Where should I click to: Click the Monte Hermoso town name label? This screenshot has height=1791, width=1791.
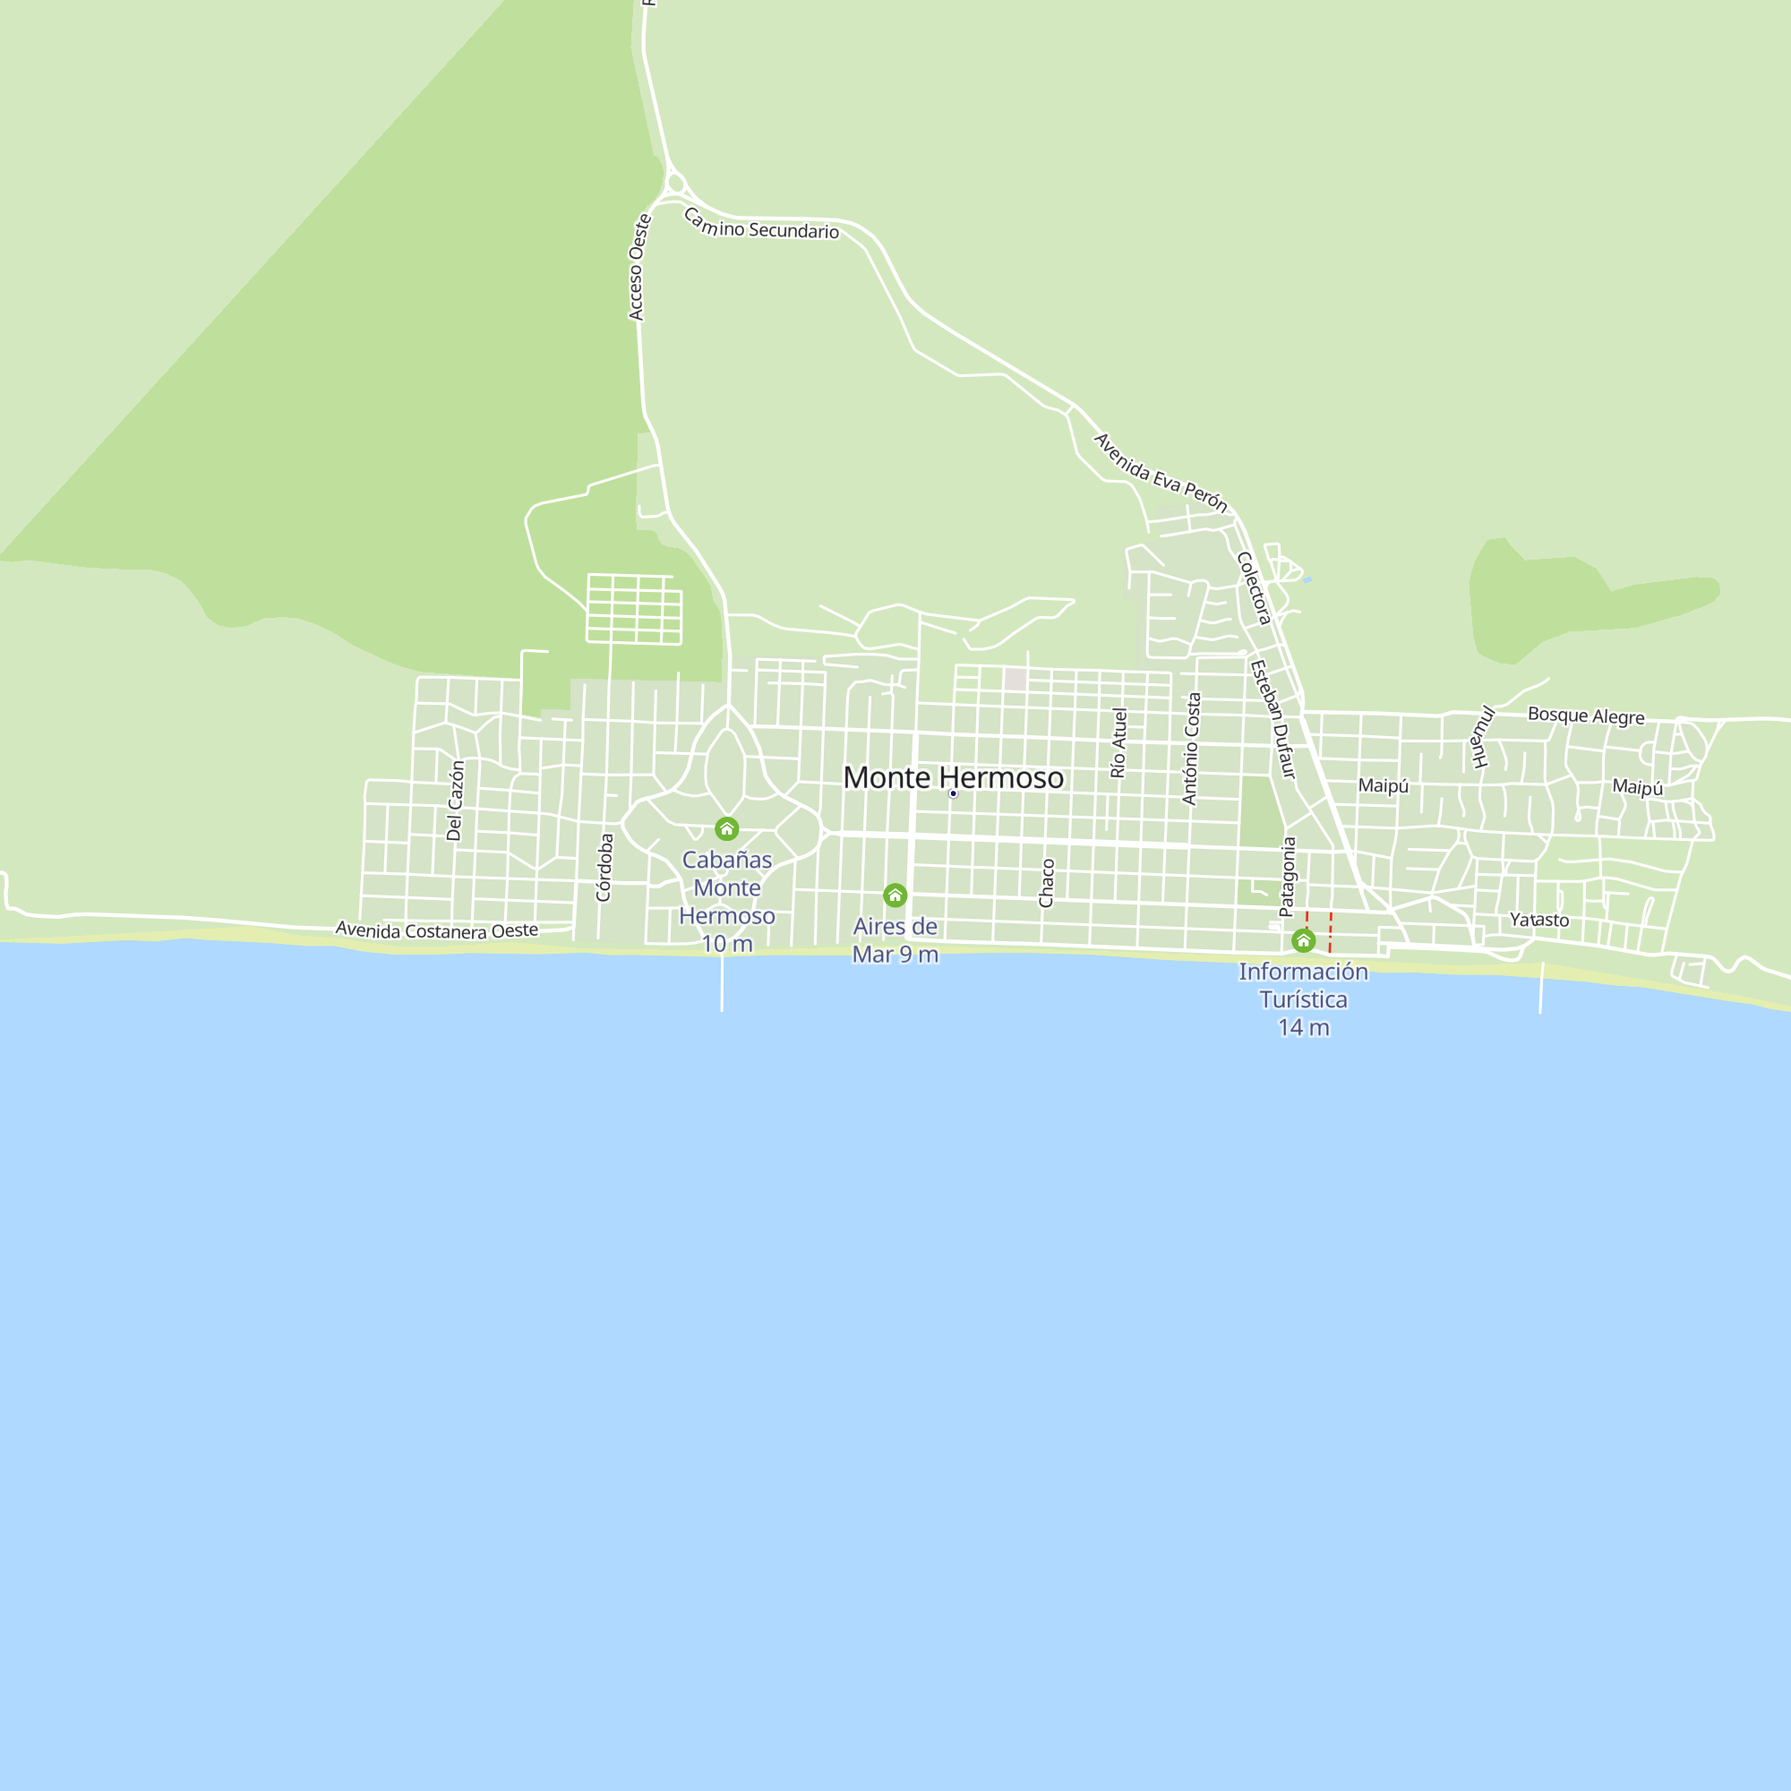[953, 778]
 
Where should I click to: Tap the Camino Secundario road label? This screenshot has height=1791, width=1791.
[761, 226]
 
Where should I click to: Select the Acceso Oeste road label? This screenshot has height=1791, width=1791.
[638, 267]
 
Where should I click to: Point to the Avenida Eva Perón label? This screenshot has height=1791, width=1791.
[1161, 473]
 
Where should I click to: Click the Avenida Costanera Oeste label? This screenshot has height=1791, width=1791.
[437, 930]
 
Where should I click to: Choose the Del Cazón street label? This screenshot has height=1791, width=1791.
[454, 801]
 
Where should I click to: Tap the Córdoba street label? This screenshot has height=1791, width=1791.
[604, 867]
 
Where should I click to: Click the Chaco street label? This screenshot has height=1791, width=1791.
[1047, 883]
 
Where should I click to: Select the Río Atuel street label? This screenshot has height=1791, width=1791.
[1118, 742]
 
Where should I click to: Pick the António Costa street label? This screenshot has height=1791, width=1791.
[1191, 748]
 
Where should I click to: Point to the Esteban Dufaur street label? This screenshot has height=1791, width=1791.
[1272, 718]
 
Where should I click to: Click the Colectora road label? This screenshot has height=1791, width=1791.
[1254, 587]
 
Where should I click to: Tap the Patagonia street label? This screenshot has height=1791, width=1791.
[1288, 877]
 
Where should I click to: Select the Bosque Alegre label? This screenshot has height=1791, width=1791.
[1586, 716]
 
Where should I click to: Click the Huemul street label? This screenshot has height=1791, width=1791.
[1483, 737]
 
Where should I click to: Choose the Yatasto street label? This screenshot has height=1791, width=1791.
[1538, 920]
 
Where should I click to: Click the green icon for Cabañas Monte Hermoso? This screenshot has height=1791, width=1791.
[727, 828]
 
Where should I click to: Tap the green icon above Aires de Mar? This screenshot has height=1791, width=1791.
[895, 895]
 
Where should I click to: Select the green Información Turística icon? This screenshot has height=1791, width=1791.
[1303, 941]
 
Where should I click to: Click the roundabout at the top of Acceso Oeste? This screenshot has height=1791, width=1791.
[676, 184]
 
